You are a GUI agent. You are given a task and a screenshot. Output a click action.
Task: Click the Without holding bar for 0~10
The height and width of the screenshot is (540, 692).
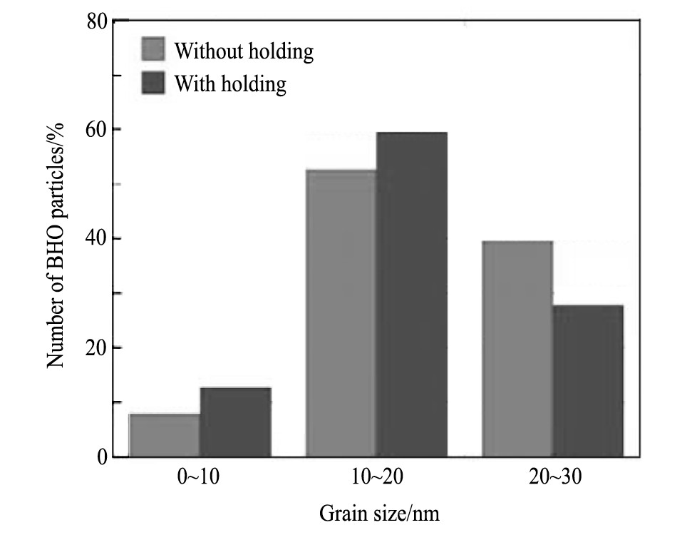coord(165,435)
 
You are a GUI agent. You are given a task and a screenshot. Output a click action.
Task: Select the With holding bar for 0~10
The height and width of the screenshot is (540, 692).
coord(235,422)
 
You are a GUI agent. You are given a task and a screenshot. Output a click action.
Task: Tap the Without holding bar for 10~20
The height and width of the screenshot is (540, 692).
coord(341,313)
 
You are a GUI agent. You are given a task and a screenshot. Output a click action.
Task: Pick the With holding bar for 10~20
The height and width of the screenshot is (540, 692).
coord(411,294)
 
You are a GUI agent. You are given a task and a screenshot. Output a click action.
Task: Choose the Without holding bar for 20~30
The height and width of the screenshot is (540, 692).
coord(517,349)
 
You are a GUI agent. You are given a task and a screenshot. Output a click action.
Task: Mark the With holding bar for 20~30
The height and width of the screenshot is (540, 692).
coord(588,381)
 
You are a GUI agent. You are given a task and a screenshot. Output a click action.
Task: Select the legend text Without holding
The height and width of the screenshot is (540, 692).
coord(244,51)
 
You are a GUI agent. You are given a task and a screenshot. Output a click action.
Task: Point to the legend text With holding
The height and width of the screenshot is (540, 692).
coord(230,84)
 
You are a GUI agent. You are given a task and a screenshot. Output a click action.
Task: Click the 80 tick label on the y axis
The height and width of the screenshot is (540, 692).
coord(98,21)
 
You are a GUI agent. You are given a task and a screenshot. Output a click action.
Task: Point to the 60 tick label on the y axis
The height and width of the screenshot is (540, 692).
coord(98,130)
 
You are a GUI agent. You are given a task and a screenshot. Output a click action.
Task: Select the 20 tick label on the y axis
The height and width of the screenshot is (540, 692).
coord(98,348)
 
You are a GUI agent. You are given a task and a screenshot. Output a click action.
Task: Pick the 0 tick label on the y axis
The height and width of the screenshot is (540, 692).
coord(104,457)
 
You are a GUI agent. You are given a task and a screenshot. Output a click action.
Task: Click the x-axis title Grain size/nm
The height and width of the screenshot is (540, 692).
coord(379,513)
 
